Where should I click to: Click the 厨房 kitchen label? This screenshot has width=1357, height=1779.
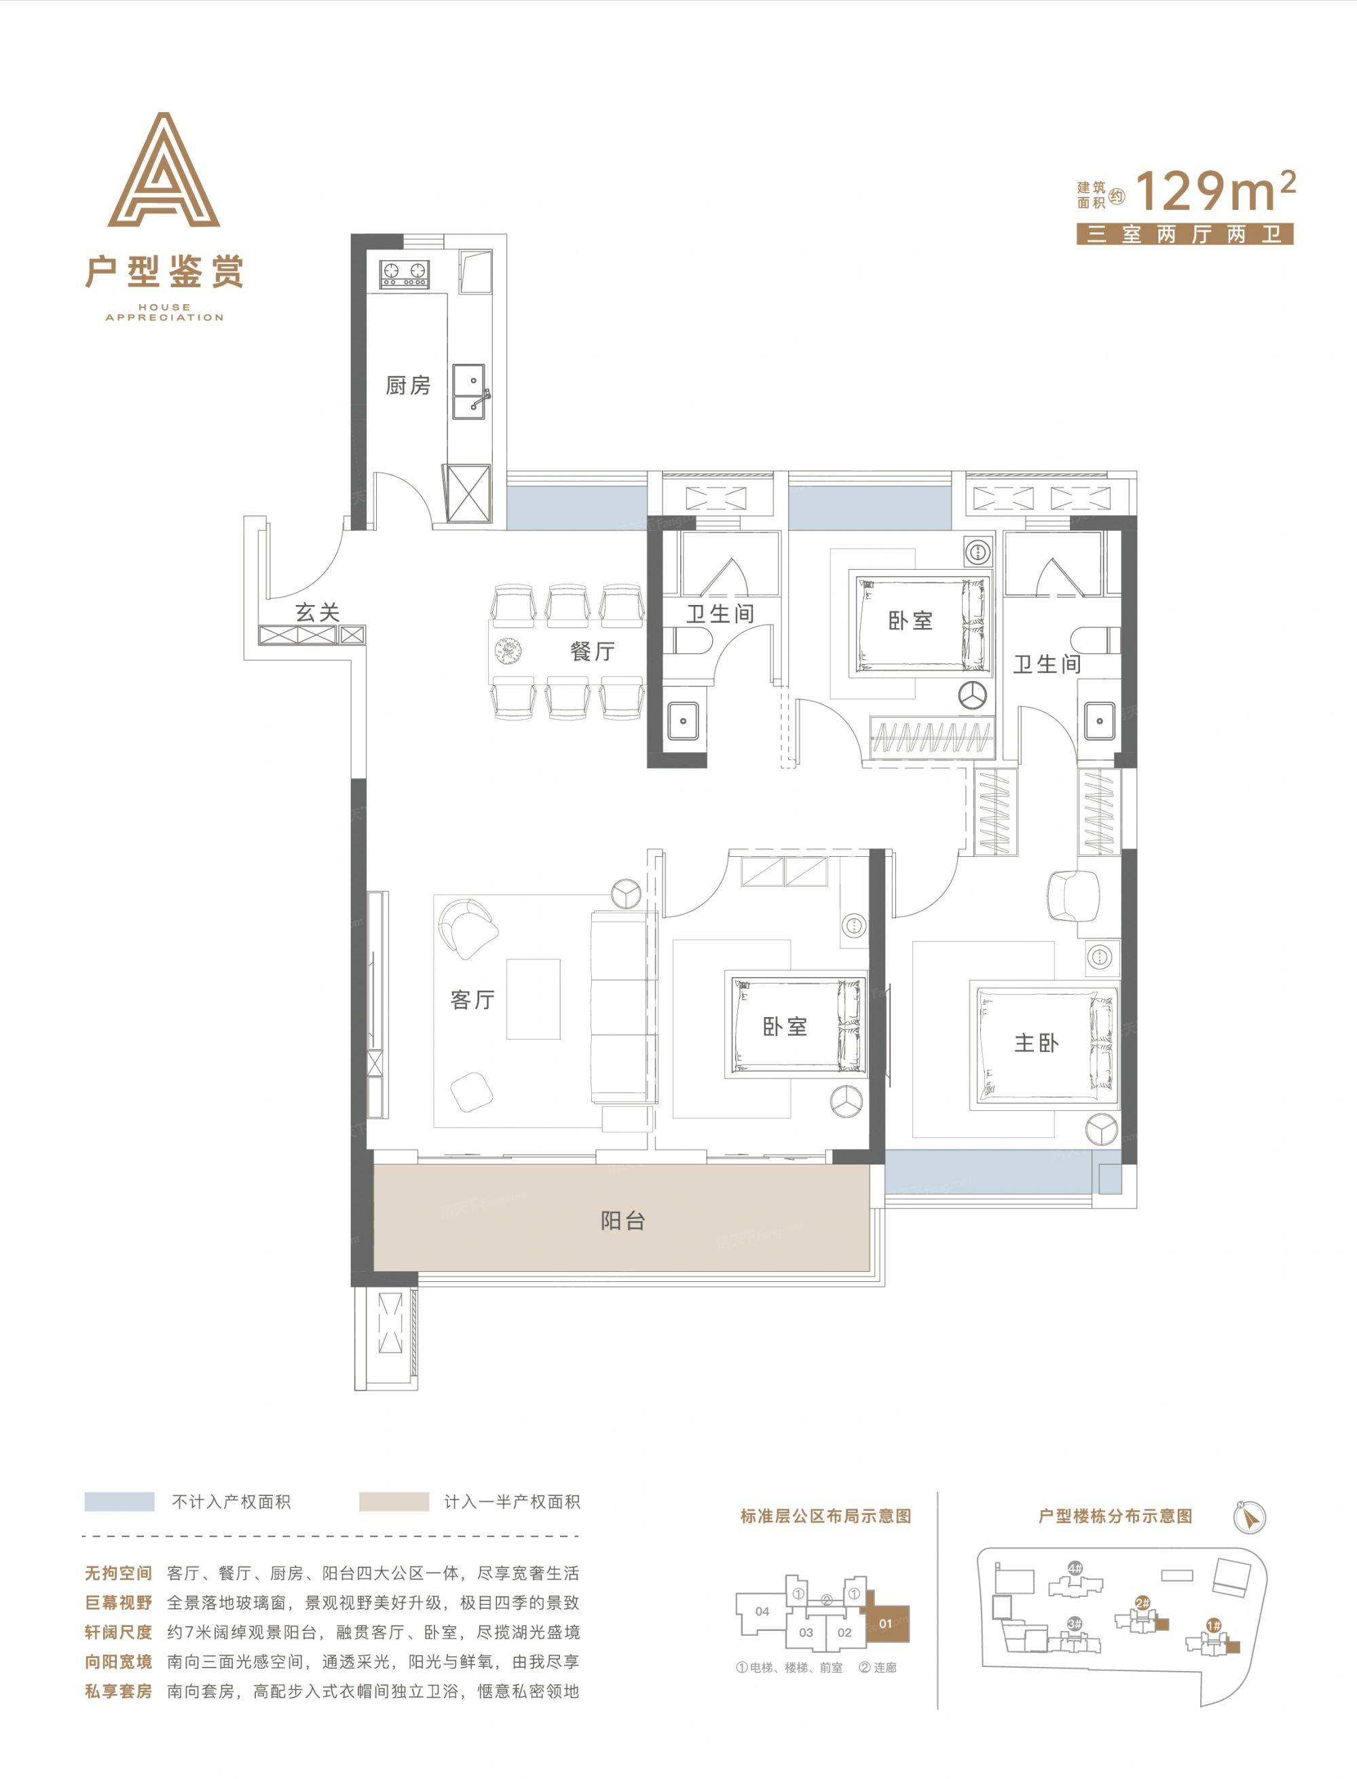408,386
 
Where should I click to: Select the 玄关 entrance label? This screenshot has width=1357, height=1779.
316,612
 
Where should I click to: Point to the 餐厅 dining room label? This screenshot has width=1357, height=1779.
592,650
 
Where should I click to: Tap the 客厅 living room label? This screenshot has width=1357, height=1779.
472,1000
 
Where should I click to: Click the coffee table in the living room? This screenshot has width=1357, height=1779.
533,999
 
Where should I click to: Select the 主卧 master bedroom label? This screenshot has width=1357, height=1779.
1037,1043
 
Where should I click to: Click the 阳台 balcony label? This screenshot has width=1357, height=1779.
622,1221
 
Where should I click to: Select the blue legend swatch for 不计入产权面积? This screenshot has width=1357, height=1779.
119,1502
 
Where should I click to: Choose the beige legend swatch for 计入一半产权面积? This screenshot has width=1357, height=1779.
394,1502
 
